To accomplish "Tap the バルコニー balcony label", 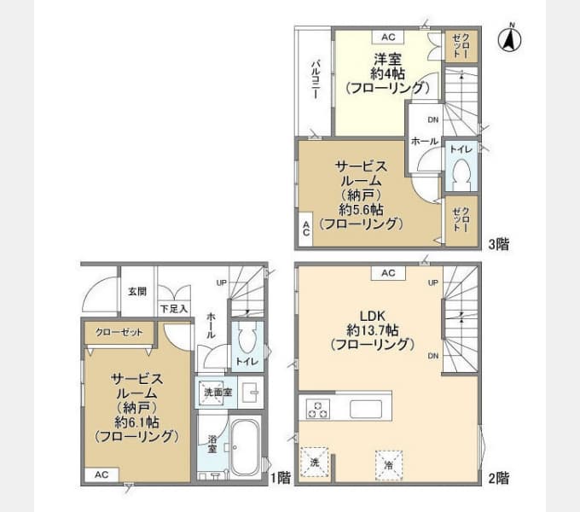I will [315, 81].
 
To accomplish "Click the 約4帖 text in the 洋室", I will [387, 73].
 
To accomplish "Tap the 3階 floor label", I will [499, 244].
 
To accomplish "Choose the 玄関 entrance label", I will [137, 291].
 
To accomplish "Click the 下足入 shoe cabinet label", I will [173, 309].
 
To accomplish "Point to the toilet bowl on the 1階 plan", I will [247, 340].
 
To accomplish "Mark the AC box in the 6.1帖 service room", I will [101, 474].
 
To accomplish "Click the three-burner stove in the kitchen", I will [318, 409].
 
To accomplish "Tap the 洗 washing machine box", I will [314, 461].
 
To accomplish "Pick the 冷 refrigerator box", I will [388, 465].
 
